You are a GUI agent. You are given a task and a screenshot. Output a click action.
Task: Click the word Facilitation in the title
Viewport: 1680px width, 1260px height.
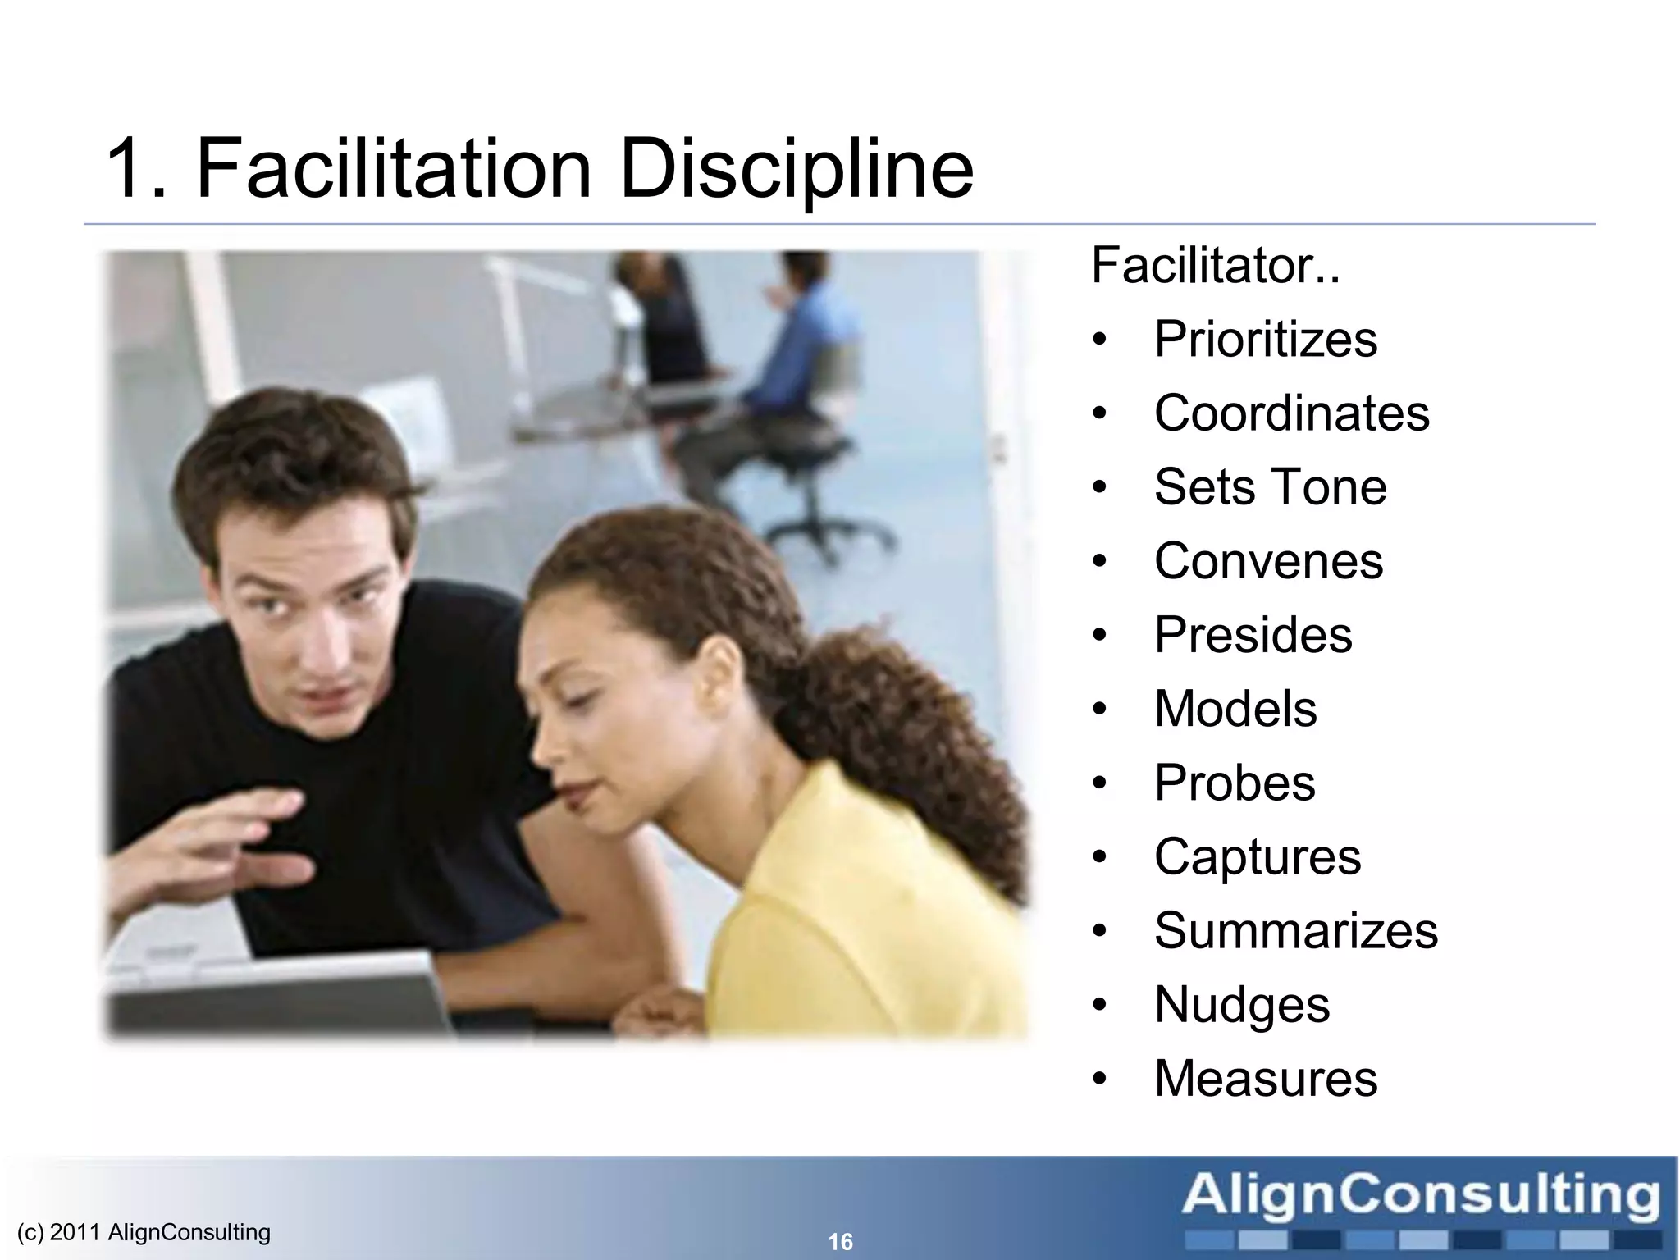pos(394,169)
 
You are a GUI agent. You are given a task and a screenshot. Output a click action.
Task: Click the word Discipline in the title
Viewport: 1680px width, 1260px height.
pos(797,171)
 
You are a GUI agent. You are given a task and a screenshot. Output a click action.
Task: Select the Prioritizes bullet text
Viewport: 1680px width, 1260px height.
pos(1265,339)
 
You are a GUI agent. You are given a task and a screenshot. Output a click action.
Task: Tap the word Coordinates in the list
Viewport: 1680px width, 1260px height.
pos(1291,413)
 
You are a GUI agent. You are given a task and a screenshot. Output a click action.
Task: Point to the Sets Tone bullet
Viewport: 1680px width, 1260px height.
pos(1270,486)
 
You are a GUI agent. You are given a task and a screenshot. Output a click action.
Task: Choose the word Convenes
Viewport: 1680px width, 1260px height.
pos(1268,561)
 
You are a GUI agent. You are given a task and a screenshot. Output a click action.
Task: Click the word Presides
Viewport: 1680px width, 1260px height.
pos(1253,635)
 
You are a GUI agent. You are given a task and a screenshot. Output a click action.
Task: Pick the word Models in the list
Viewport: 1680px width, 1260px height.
pos(1235,709)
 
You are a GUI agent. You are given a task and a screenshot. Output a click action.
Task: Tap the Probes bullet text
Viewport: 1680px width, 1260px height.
pos(1234,783)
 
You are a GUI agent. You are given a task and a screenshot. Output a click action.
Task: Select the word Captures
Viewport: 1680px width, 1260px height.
pos(1257,856)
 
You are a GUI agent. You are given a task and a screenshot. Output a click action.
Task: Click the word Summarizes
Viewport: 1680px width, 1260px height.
pos(1295,930)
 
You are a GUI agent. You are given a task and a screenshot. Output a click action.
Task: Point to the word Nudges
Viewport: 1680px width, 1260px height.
pos(1241,1006)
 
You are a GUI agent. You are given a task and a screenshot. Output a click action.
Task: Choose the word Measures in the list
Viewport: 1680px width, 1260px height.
pos(1265,1078)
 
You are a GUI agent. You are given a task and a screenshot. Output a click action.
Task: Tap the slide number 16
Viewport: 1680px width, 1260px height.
pos(840,1242)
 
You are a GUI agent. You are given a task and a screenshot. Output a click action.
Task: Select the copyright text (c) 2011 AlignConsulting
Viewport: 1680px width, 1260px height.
pos(144,1232)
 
